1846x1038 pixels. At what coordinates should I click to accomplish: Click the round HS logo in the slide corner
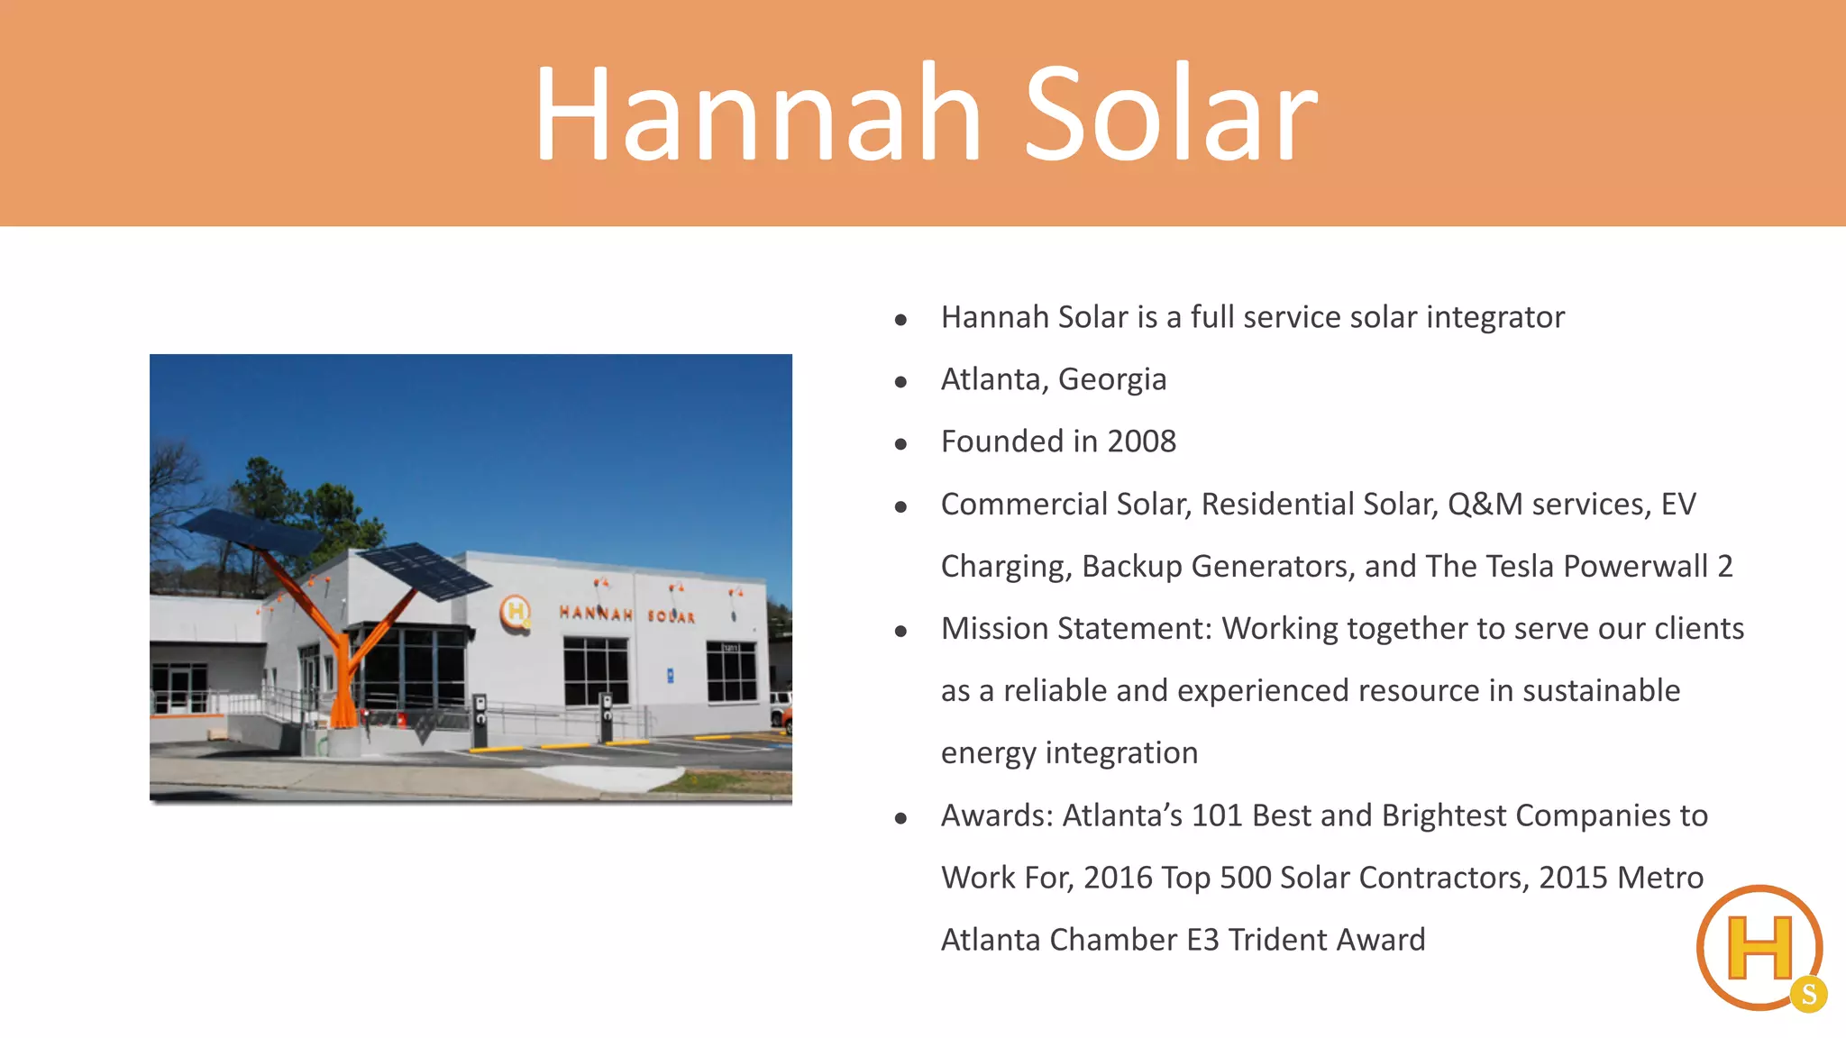click(1760, 948)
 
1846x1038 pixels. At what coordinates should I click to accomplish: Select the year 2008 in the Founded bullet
click(1141, 442)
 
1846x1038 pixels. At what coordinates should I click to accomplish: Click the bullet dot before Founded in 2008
click(900, 443)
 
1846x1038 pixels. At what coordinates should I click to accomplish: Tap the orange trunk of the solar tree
click(342, 685)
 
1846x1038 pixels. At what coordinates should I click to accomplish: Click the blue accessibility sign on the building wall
click(670, 674)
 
